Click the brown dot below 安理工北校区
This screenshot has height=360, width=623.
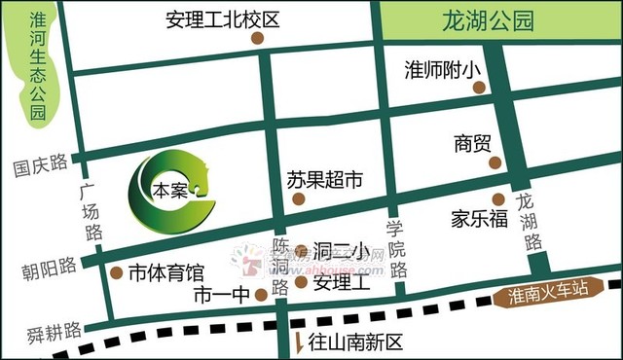click(x=257, y=39)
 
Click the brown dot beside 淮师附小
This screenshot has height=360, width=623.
click(x=479, y=88)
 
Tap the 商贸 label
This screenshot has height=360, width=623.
click(x=472, y=143)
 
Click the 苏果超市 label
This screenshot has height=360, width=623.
click(x=324, y=180)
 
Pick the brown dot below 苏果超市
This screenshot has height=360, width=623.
click(x=299, y=199)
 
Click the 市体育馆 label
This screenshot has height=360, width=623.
click(x=166, y=271)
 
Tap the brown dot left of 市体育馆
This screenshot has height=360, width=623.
click(x=118, y=271)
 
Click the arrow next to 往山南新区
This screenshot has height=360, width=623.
click(x=298, y=342)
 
